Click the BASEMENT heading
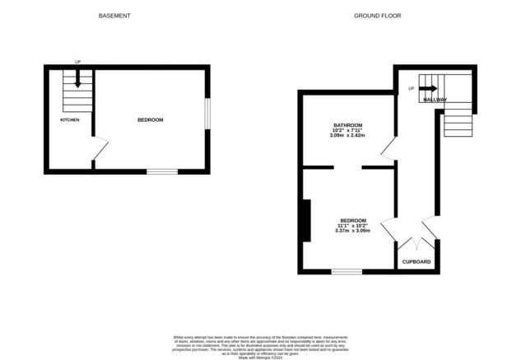pos(114,16)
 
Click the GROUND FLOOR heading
pos(371,16)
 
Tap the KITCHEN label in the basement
pos(70,120)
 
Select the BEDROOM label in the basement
pos(150,120)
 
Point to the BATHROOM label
pos(347,125)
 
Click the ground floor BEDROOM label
pos(353,220)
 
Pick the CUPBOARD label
pos(416,262)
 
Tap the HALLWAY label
pos(435,100)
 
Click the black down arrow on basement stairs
pos(77,79)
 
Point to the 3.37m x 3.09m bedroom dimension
pos(353,231)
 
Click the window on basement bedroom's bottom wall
pos(162,171)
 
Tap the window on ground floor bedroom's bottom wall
pos(347,271)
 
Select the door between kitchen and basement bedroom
pos(99,150)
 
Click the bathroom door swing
pos(387,149)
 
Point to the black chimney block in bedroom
pos(306,220)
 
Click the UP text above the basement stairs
pos(77,62)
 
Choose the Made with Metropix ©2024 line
pos(260,358)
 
